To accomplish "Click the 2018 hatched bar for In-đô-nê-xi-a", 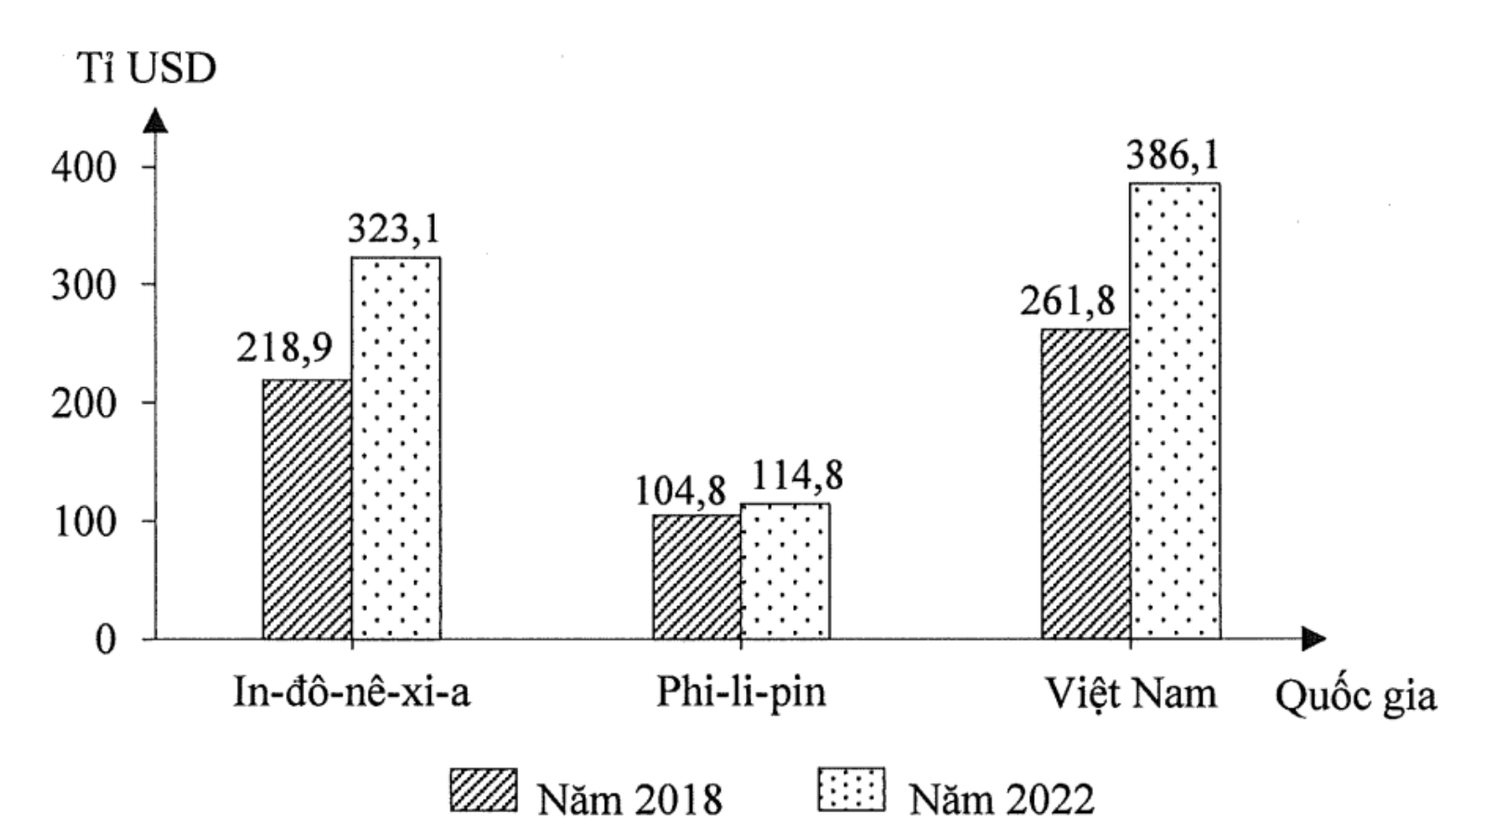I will click(307, 509).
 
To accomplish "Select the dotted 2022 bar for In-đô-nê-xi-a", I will click(397, 447).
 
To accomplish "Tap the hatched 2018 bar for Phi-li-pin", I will click(697, 576).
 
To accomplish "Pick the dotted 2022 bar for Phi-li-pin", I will click(786, 571).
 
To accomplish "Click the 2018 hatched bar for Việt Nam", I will click(1086, 484).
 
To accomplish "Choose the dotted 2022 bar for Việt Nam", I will click(1176, 410).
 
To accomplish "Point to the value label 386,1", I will click(1174, 155).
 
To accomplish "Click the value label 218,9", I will click(284, 348).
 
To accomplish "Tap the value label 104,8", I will click(680, 491).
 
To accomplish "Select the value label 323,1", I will click(395, 228).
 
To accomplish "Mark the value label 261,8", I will click(1067, 302).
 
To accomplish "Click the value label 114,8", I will click(797, 476).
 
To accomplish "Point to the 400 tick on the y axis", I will click(85, 168).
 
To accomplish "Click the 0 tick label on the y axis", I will click(105, 640).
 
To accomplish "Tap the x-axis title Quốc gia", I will click(1355, 696).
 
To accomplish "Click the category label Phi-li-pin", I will click(741, 693).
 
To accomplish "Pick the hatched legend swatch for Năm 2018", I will click(484, 791).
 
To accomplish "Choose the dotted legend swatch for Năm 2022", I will click(852, 791).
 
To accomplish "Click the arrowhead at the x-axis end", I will click(1313, 639).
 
